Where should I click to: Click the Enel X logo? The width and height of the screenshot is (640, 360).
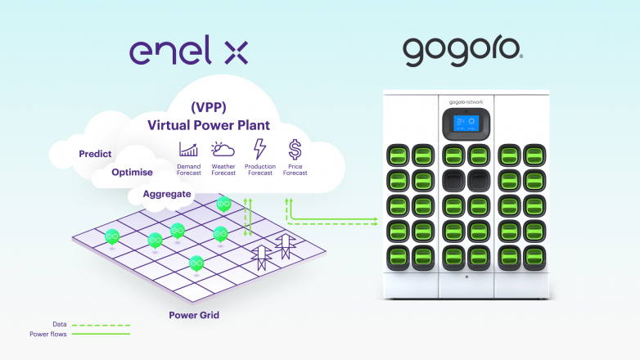(x=188, y=50)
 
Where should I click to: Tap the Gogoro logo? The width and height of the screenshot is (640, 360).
(x=462, y=52)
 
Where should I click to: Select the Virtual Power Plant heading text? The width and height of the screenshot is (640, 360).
(x=209, y=125)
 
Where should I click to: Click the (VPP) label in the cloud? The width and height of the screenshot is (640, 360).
(x=209, y=107)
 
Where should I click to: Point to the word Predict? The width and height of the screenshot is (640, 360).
(x=95, y=154)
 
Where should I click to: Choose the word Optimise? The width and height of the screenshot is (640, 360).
(x=133, y=173)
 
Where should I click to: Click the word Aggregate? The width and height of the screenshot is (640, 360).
(x=167, y=194)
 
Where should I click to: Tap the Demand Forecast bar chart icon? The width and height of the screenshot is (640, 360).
(x=188, y=150)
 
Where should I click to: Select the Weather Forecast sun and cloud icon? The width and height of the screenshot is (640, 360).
(x=223, y=150)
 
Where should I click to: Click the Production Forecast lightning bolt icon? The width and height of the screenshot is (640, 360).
(x=259, y=149)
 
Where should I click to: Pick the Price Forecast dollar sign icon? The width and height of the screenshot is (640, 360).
(x=295, y=150)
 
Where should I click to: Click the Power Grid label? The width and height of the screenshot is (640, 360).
(x=194, y=315)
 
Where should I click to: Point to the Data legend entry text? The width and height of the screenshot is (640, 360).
(x=60, y=324)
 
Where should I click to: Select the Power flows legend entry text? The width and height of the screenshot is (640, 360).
(x=48, y=334)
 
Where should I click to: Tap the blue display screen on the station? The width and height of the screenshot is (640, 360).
(x=466, y=123)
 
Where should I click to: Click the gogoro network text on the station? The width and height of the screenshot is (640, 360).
(x=466, y=102)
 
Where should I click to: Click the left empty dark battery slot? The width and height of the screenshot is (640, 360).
(x=454, y=180)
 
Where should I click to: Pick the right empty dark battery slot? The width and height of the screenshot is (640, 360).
(x=479, y=180)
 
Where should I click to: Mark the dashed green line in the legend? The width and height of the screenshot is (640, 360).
(x=101, y=326)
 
